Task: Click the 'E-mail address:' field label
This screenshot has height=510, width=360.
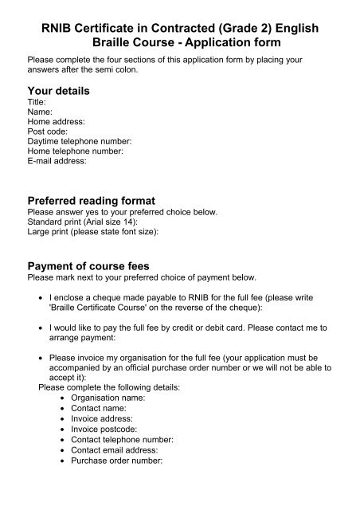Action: tap(57, 160)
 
